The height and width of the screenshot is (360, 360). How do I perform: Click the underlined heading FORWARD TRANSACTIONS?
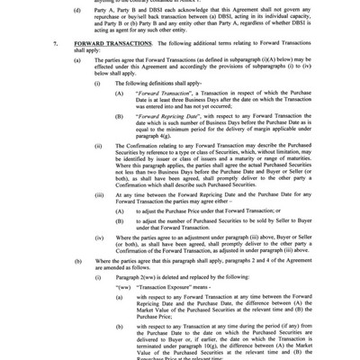point(105,42)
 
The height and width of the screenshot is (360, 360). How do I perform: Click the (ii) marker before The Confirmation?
point(98,145)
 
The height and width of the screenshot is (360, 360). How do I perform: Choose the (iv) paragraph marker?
point(99,237)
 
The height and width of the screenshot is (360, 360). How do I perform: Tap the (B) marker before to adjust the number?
point(120,220)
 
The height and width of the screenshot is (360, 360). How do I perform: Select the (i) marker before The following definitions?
point(97,80)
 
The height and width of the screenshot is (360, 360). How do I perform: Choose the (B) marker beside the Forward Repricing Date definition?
point(120,116)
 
